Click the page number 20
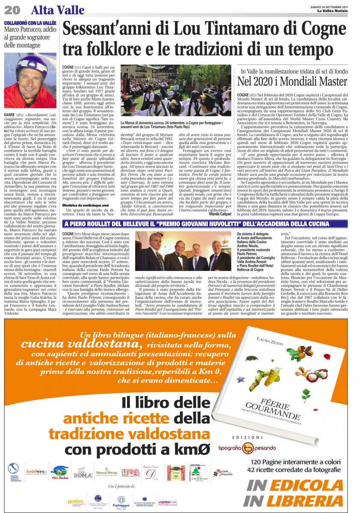point(15,9)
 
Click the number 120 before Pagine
point(257,462)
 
